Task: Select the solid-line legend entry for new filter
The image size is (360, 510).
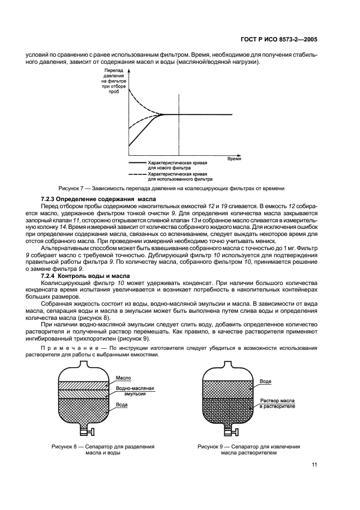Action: tap(170, 165)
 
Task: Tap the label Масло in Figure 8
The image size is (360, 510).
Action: tap(124, 377)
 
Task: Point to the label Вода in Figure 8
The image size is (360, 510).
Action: tap(122, 405)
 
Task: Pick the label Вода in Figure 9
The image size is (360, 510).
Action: tap(265, 381)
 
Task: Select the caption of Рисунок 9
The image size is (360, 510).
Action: tap(248, 449)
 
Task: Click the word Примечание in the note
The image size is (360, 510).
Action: tap(74, 347)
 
